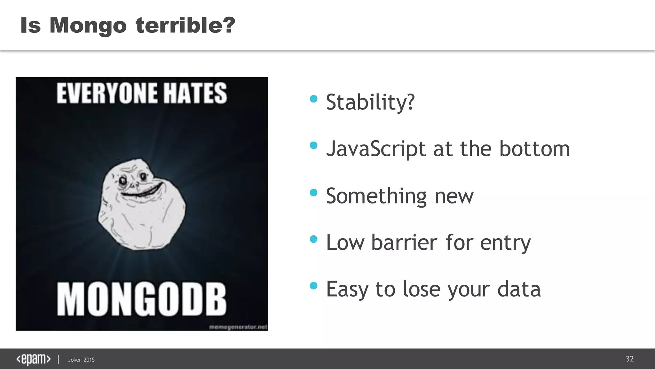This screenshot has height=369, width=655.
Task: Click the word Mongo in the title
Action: pos(88,26)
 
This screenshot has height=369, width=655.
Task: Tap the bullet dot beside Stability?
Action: pos(313,99)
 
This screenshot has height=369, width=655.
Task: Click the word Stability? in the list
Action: pos(370,102)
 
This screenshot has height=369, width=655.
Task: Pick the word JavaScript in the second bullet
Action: pos(376,149)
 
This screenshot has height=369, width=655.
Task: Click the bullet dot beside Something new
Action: pos(313,193)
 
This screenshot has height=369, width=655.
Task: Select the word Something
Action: pos(376,196)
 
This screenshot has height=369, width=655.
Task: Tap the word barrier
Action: pos(404,242)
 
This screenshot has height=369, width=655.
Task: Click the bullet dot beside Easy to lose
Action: pos(313,285)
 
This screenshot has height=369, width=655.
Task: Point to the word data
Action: pos(519,289)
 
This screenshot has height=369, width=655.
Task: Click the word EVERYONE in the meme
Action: pos(107,93)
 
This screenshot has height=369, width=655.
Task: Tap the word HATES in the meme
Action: pos(195,93)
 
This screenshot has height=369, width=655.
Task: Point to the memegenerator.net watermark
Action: pos(238,327)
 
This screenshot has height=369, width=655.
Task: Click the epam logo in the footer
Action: pos(33,359)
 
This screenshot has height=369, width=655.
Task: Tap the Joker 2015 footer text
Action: pos(81,360)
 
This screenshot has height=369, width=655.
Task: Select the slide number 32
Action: pos(629,359)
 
